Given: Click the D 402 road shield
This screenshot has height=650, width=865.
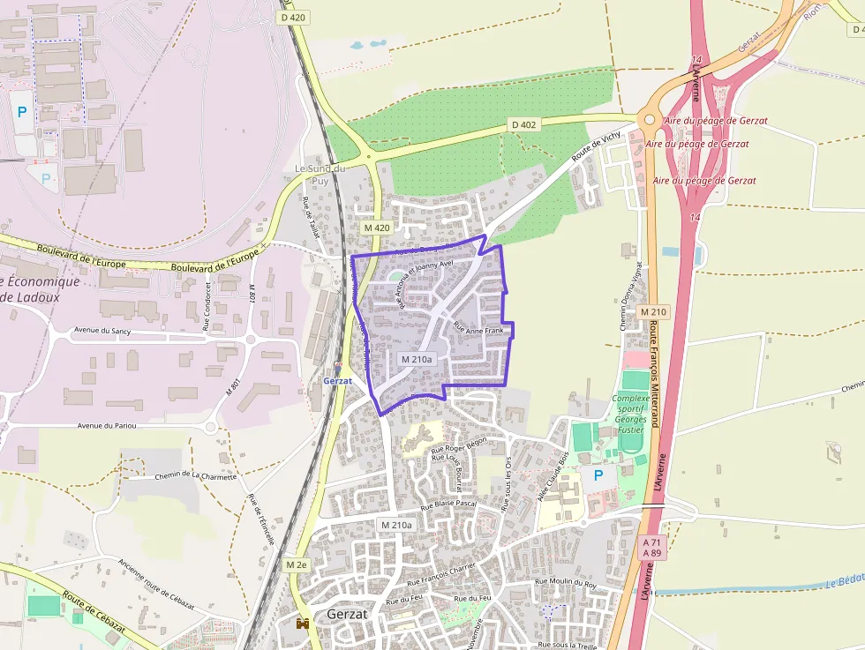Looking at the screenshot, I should click(523, 125).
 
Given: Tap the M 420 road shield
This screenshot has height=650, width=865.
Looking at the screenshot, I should click(377, 228).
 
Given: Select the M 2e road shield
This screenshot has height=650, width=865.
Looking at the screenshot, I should click(297, 564).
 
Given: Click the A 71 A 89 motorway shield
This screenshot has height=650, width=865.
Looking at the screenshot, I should click(653, 547).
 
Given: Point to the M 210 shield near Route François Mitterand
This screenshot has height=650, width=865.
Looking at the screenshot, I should click(654, 312).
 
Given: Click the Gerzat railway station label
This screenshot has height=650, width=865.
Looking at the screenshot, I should click(338, 381).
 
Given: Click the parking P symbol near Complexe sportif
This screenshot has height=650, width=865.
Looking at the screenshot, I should click(598, 475).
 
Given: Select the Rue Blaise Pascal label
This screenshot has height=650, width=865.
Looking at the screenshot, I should click(448, 505).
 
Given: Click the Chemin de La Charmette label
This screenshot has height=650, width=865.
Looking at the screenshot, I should click(196, 476).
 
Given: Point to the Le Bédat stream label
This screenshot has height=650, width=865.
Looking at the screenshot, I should click(845, 584).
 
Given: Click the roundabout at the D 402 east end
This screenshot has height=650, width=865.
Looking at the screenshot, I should click(650, 121).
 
